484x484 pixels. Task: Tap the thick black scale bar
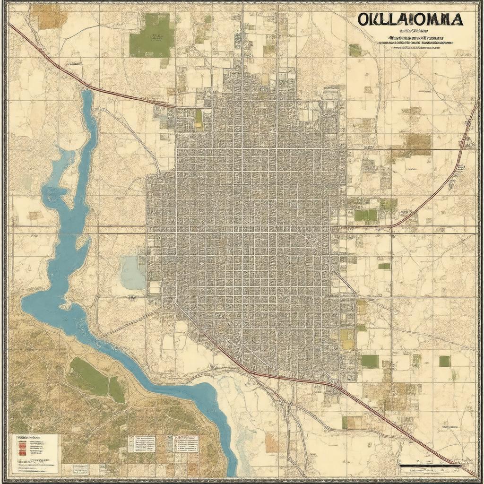pos(430,465)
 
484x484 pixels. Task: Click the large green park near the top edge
pos(151,35)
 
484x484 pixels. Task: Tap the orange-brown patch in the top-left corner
pos(49,16)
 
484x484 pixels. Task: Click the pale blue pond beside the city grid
pos(132,272)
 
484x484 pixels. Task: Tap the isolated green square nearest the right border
pos(444,361)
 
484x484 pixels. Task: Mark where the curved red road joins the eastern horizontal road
pos(392,226)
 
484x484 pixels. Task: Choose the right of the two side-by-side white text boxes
pos(185,444)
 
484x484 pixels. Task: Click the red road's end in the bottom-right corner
pos(475,475)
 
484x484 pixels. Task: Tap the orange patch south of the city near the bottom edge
pos(271,443)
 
